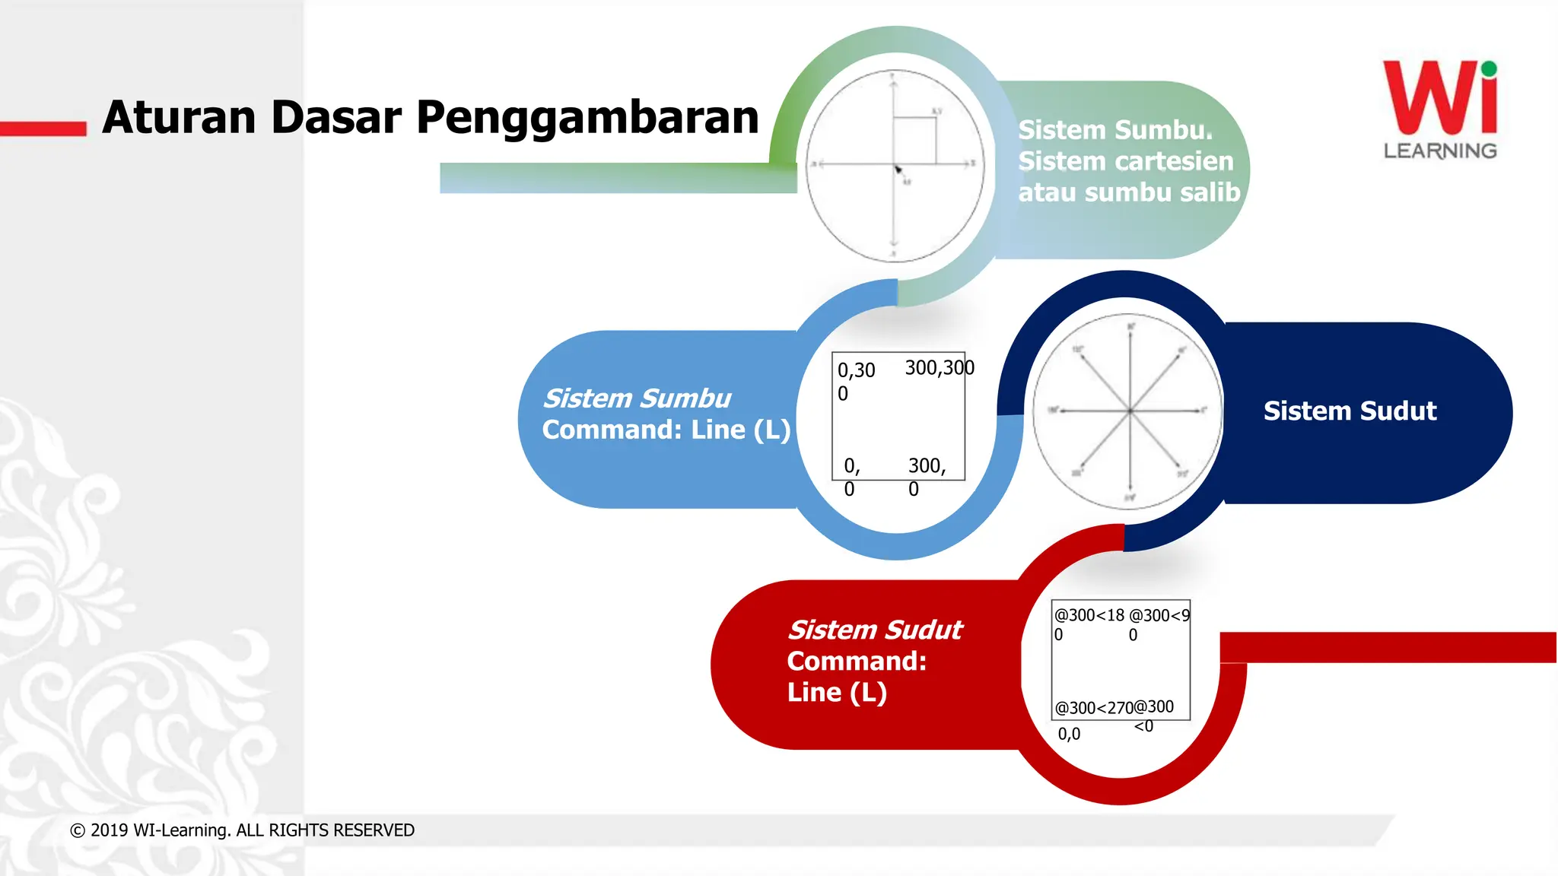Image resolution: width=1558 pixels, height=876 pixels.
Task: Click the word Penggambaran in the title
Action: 587,119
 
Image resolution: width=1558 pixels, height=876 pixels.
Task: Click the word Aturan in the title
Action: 178,117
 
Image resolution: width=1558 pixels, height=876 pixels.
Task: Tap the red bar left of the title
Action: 43,129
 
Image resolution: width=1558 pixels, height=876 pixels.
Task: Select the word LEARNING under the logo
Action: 1439,151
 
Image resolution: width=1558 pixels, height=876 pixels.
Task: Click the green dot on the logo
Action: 1489,69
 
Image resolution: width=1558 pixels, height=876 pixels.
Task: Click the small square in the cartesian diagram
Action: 914,140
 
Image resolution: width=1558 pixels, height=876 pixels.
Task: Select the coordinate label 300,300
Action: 939,368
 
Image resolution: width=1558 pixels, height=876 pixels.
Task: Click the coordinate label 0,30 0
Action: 855,380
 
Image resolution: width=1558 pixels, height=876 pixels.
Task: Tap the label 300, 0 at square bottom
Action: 926,475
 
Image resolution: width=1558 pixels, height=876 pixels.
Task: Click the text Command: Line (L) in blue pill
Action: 666,430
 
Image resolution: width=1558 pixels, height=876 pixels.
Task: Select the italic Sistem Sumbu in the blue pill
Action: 637,398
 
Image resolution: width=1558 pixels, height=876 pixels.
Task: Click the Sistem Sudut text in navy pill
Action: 1350,411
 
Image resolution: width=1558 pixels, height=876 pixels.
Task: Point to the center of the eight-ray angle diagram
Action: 1130,411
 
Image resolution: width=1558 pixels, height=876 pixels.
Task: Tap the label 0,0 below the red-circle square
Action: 1069,734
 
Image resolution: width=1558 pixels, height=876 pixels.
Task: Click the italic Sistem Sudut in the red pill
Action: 875,630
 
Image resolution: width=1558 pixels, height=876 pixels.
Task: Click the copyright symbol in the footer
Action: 78,830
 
